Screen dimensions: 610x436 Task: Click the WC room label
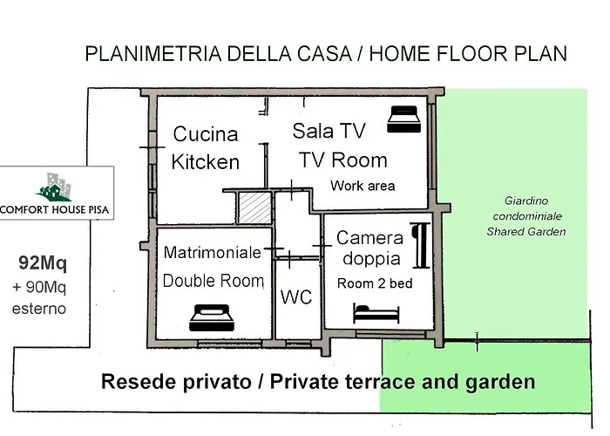pyautogui.click(x=296, y=297)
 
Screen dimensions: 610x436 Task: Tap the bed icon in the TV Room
pyautogui.click(x=404, y=119)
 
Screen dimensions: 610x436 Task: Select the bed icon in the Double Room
pyautogui.click(x=212, y=317)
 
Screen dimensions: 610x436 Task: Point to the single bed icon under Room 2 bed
pyautogui.click(x=376, y=313)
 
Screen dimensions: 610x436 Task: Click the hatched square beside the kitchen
pyautogui.click(x=254, y=208)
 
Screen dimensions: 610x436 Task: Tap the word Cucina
pyautogui.click(x=206, y=134)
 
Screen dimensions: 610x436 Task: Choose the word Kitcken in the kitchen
pyautogui.click(x=206, y=162)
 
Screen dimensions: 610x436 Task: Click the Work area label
pyautogui.click(x=363, y=186)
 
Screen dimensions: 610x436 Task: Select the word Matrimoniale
pyautogui.click(x=213, y=252)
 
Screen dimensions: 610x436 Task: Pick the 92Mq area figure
pyautogui.click(x=43, y=263)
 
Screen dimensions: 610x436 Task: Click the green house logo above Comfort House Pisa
pyautogui.click(x=54, y=187)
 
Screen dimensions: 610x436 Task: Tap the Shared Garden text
pyautogui.click(x=526, y=232)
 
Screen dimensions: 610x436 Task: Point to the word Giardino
pyautogui.click(x=526, y=201)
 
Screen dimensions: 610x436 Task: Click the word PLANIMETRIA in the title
pyautogui.click(x=153, y=54)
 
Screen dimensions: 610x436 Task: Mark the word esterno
pyautogui.click(x=39, y=309)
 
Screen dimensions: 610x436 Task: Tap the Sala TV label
pyautogui.click(x=329, y=131)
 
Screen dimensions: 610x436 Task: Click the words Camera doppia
pyautogui.click(x=370, y=248)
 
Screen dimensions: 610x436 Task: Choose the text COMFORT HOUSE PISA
pyautogui.click(x=54, y=210)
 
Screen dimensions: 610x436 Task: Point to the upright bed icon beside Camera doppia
pyautogui.click(x=421, y=246)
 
